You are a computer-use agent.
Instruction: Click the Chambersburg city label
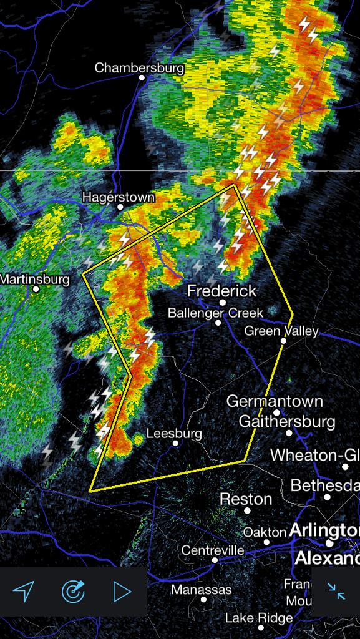[139, 67]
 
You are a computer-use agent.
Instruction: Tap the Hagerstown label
[118, 197]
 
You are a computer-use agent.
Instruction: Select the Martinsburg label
[35, 279]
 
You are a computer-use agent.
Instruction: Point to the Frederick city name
[221, 291]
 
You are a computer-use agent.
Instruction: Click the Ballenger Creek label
[215, 313]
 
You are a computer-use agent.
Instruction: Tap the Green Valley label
[281, 331]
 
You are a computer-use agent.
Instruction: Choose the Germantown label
[275, 401]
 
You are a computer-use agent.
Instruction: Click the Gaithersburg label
[287, 422]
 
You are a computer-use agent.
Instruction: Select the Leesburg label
[174, 433]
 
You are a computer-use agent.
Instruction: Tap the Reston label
[246, 499]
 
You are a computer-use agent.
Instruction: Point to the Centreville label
[213, 550]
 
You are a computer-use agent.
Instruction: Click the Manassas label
[202, 590]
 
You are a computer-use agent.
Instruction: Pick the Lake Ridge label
[258, 618]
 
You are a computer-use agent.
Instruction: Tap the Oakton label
[265, 532]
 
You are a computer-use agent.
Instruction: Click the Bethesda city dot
[327, 497]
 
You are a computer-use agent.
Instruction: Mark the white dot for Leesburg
[176, 443]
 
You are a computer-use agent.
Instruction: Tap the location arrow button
[23, 590]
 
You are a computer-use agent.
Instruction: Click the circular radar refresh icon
[72, 590]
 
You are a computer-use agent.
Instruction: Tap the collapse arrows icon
[336, 591]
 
